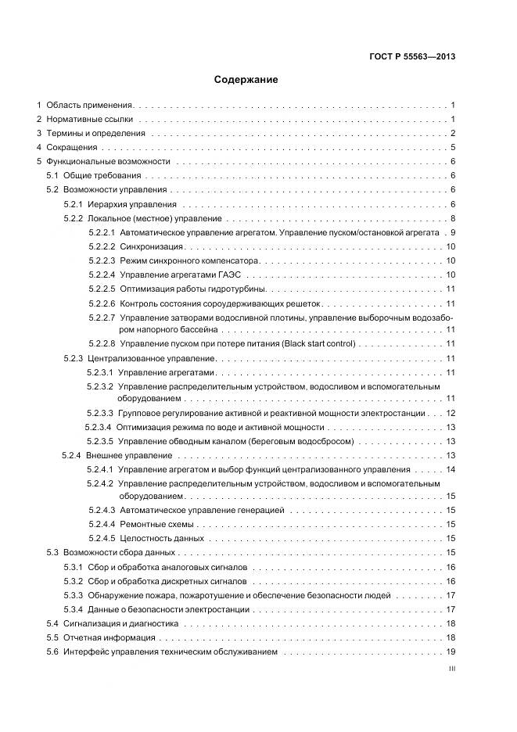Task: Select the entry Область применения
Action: (x=90, y=105)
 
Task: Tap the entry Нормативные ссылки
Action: (x=89, y=119)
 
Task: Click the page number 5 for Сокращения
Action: (x=453, y=148)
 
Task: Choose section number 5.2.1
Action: (x=74, y=204)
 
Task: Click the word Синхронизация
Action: (x=148, y=246)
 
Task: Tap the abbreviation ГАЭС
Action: (x=230, y=274)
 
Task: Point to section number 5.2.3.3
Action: (x=101, y=413)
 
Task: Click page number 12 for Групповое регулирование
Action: (x=451, y=413)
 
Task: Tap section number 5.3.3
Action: (x=74, y=595)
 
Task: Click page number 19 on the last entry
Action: (x=451, y=651)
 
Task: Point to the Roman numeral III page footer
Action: (x=451, y=669)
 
